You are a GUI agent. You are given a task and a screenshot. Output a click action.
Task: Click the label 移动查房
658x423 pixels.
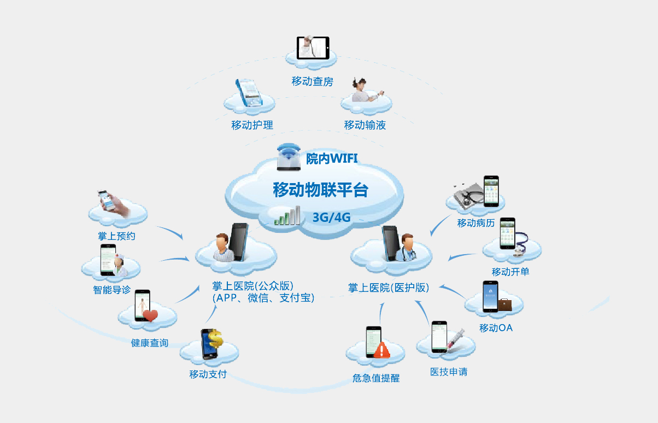coord(312,82)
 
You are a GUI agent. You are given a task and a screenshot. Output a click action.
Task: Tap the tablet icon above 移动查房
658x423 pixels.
coord(313,48)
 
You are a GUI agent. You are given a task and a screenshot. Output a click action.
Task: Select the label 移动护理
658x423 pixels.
coord(252,125)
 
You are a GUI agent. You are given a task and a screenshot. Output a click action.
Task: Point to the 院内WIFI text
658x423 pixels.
coord(332,159)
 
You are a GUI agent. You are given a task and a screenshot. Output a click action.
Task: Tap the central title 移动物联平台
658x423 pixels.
coord(320,190)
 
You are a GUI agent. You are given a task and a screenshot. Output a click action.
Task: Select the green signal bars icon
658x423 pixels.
coord(287,216)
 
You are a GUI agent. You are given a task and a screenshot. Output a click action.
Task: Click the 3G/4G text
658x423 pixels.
coord(331,218)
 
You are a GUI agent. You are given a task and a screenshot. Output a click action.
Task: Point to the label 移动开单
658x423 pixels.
coord(510,272)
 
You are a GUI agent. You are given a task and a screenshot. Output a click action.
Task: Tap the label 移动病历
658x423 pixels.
coord(476,223)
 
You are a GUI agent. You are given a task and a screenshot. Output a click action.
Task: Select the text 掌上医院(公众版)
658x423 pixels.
coord(253,286)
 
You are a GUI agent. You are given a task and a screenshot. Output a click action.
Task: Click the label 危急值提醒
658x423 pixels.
coord(376,378)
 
